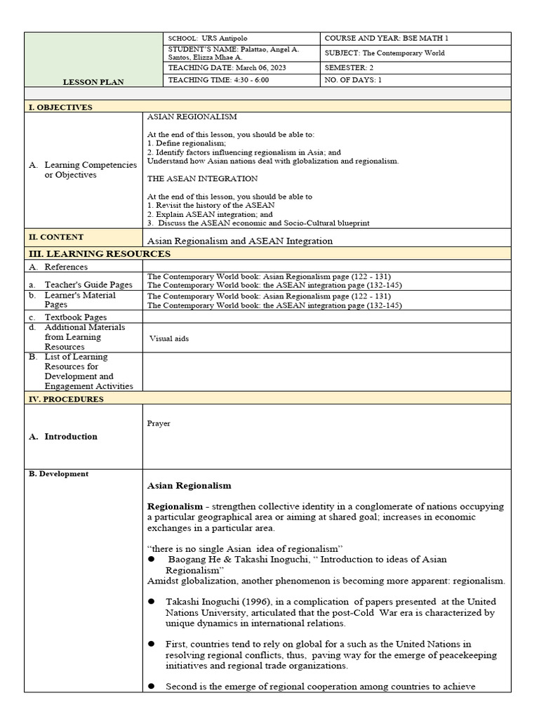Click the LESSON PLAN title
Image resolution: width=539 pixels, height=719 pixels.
(x=93, y=82)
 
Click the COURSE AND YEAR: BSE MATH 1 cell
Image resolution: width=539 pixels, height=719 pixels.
(x=386, y=37)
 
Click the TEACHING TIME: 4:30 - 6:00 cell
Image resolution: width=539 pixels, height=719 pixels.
(x=218, y=80)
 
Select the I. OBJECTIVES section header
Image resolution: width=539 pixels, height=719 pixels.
(x=60, y=107)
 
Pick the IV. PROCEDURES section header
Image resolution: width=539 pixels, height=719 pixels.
(x=66, y=399)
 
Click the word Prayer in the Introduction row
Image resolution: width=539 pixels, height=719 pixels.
(x=159, y=423)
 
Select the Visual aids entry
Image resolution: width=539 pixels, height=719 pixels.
(x=169, y=338)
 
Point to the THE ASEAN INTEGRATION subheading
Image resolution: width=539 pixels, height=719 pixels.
(x=202, y=178)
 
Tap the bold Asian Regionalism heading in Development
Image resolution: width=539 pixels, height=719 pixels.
(x=189, y=485)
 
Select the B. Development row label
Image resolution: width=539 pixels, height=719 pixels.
(x=59, y=474)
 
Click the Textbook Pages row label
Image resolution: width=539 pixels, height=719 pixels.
(x=75, y=317)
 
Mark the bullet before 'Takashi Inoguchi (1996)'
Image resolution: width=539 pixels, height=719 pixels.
(x=151, y=602)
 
